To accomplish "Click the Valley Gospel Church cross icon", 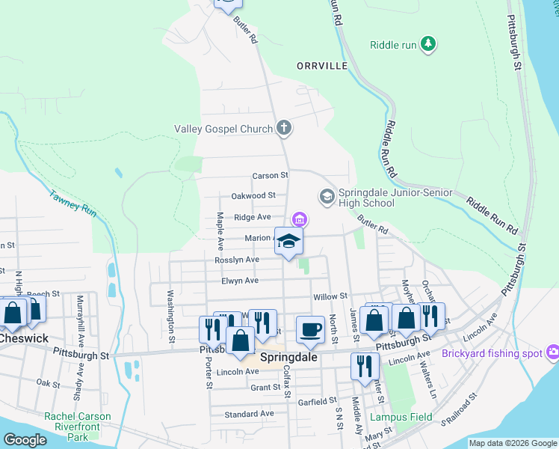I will (283, 129).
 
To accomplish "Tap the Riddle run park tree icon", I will (428, 45).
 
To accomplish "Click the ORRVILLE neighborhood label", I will (322, 66).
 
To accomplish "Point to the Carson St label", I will (270, 175).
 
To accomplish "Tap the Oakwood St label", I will (253, 195).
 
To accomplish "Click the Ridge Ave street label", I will (253, 217).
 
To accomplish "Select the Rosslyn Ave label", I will (237, 260).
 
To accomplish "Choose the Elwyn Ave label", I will (239, 281).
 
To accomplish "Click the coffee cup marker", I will (309, 328).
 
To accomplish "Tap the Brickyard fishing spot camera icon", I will (553, 352).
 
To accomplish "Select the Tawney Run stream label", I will (72, 204).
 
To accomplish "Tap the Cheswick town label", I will (24, 338).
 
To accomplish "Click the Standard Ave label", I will (249, 414).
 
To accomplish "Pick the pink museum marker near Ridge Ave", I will (300, 219).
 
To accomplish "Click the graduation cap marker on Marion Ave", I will (288, 241).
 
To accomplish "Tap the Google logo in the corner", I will (25, 440).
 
